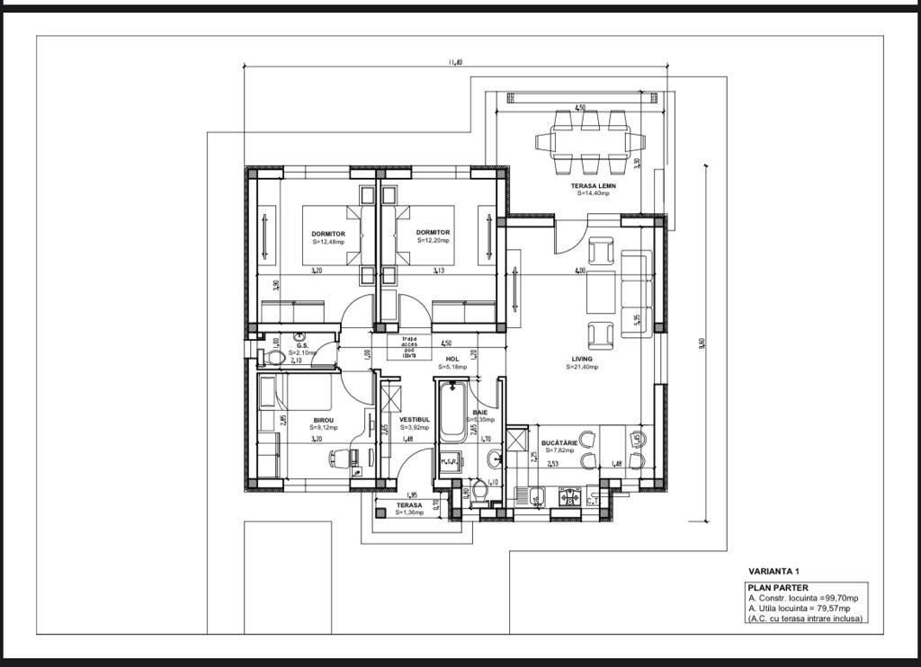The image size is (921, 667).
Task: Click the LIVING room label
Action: tap(579, 359)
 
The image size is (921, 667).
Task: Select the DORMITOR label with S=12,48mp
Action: tap(328, 233)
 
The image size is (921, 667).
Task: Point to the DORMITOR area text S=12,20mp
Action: tap(433, 241)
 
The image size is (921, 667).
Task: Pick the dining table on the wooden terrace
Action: tap(591, 141)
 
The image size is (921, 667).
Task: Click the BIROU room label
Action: tap(323, 420)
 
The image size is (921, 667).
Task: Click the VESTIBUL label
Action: tap(415, 419)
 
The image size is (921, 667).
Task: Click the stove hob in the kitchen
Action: tap(568, 494)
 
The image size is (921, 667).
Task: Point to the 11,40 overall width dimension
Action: tap(456, 62)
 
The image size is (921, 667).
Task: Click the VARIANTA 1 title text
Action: tap(773, 571)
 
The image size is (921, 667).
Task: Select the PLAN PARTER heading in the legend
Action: tap(777, 588)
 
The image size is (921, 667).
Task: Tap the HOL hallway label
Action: tap(452, 359)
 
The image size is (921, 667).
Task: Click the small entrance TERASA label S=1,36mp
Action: tap(409, 506)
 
